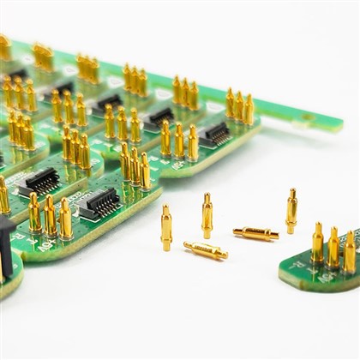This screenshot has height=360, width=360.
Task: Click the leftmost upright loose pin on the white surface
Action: [x=166, y=228]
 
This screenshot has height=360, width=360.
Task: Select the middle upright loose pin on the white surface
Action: [x=207, y=216]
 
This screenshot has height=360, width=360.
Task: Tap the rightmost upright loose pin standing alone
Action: [x=291, y=211]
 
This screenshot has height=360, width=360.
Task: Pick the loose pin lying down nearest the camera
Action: [x=206, y=250]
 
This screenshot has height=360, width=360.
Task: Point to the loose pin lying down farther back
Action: [x=255, y=232]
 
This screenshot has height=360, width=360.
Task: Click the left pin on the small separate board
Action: [x=318, y=243]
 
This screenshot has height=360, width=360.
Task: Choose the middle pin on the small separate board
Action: [x=333, y=248]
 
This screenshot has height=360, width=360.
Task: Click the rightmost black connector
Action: [x=215, y=133]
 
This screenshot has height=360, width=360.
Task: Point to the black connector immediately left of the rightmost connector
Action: [x=159, y=116]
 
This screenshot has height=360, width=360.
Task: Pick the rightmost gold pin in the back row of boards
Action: [x=249, y=109]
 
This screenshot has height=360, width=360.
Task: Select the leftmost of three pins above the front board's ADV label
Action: [x=34, y=213]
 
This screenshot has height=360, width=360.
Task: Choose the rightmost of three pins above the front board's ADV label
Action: [x=66, y=219]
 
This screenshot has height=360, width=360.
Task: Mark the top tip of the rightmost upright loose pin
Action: [x=292, y=191]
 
